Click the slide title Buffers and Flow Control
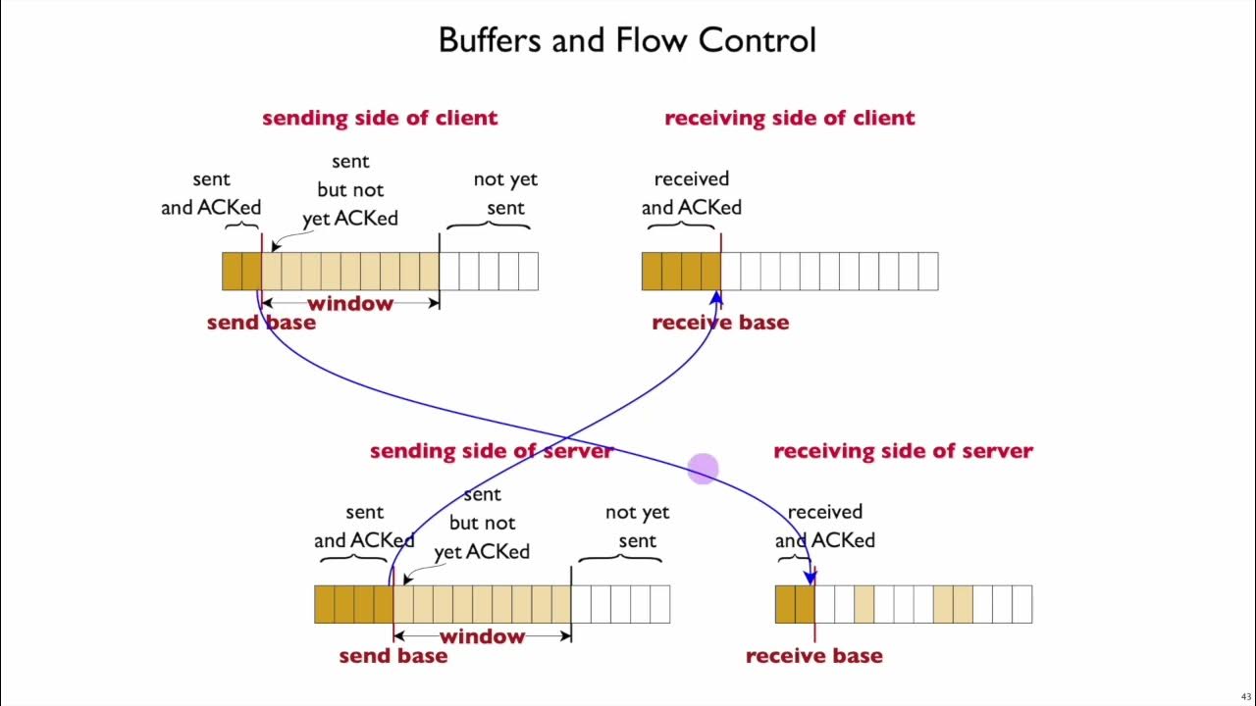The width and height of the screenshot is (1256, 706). (627, 40)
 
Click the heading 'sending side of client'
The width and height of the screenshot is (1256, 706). (380, 118)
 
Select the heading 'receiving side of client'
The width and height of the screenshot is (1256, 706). (789, 118)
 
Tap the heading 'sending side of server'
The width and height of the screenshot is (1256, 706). (491, 451)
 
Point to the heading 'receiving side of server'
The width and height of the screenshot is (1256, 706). (903, 451)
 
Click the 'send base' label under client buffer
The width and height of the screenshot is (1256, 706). (261, 323)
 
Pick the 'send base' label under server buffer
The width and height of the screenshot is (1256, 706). (392, 656)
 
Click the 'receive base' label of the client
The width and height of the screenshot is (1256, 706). (720, 323)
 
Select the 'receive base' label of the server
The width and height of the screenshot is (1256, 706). (813, 656)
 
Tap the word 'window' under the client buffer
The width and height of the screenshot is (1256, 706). (350, 304)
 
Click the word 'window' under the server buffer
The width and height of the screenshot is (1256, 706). (482, 637)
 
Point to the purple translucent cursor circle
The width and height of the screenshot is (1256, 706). (703, 470)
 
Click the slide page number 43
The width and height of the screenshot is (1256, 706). (1246, 697)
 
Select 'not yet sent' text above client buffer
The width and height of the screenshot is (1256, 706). (505, 193)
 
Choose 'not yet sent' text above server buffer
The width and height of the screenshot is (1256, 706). (637, 527)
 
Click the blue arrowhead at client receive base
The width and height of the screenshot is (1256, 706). (716, 298)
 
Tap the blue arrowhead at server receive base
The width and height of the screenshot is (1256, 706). (810, 578)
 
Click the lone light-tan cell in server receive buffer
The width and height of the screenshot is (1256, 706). (863, 604)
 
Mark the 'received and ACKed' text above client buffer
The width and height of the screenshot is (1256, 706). (692, 193)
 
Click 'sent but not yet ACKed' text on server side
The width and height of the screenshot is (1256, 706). (482, 524)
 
